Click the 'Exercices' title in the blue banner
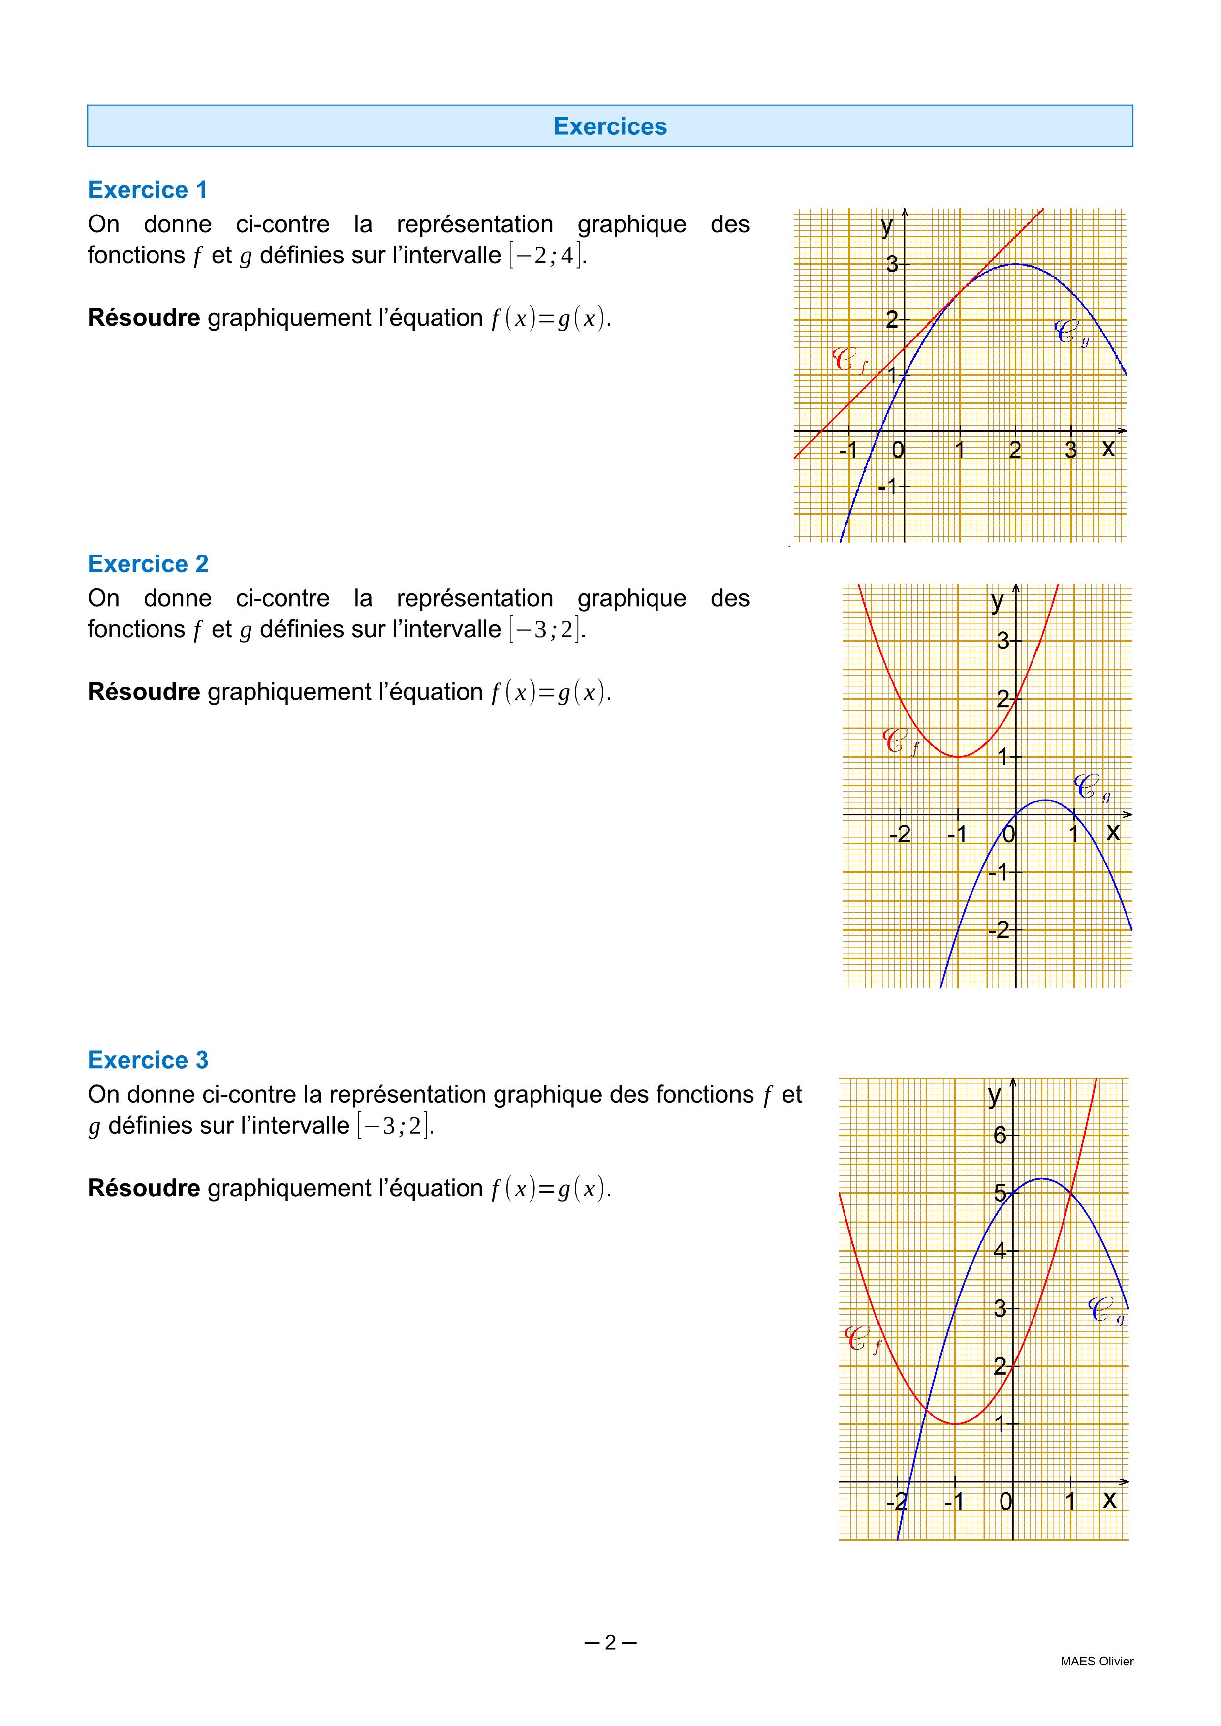[x=610, y=126]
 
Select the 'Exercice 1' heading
[x=147, y=190]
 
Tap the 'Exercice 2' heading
[x=147, y=564]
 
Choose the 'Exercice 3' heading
[x=147, y=1060]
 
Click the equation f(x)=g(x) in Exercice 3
[x=550, y=1189]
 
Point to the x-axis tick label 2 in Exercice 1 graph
[x=1015, y=450]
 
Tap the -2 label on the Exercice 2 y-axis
[x=999, y=931]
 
